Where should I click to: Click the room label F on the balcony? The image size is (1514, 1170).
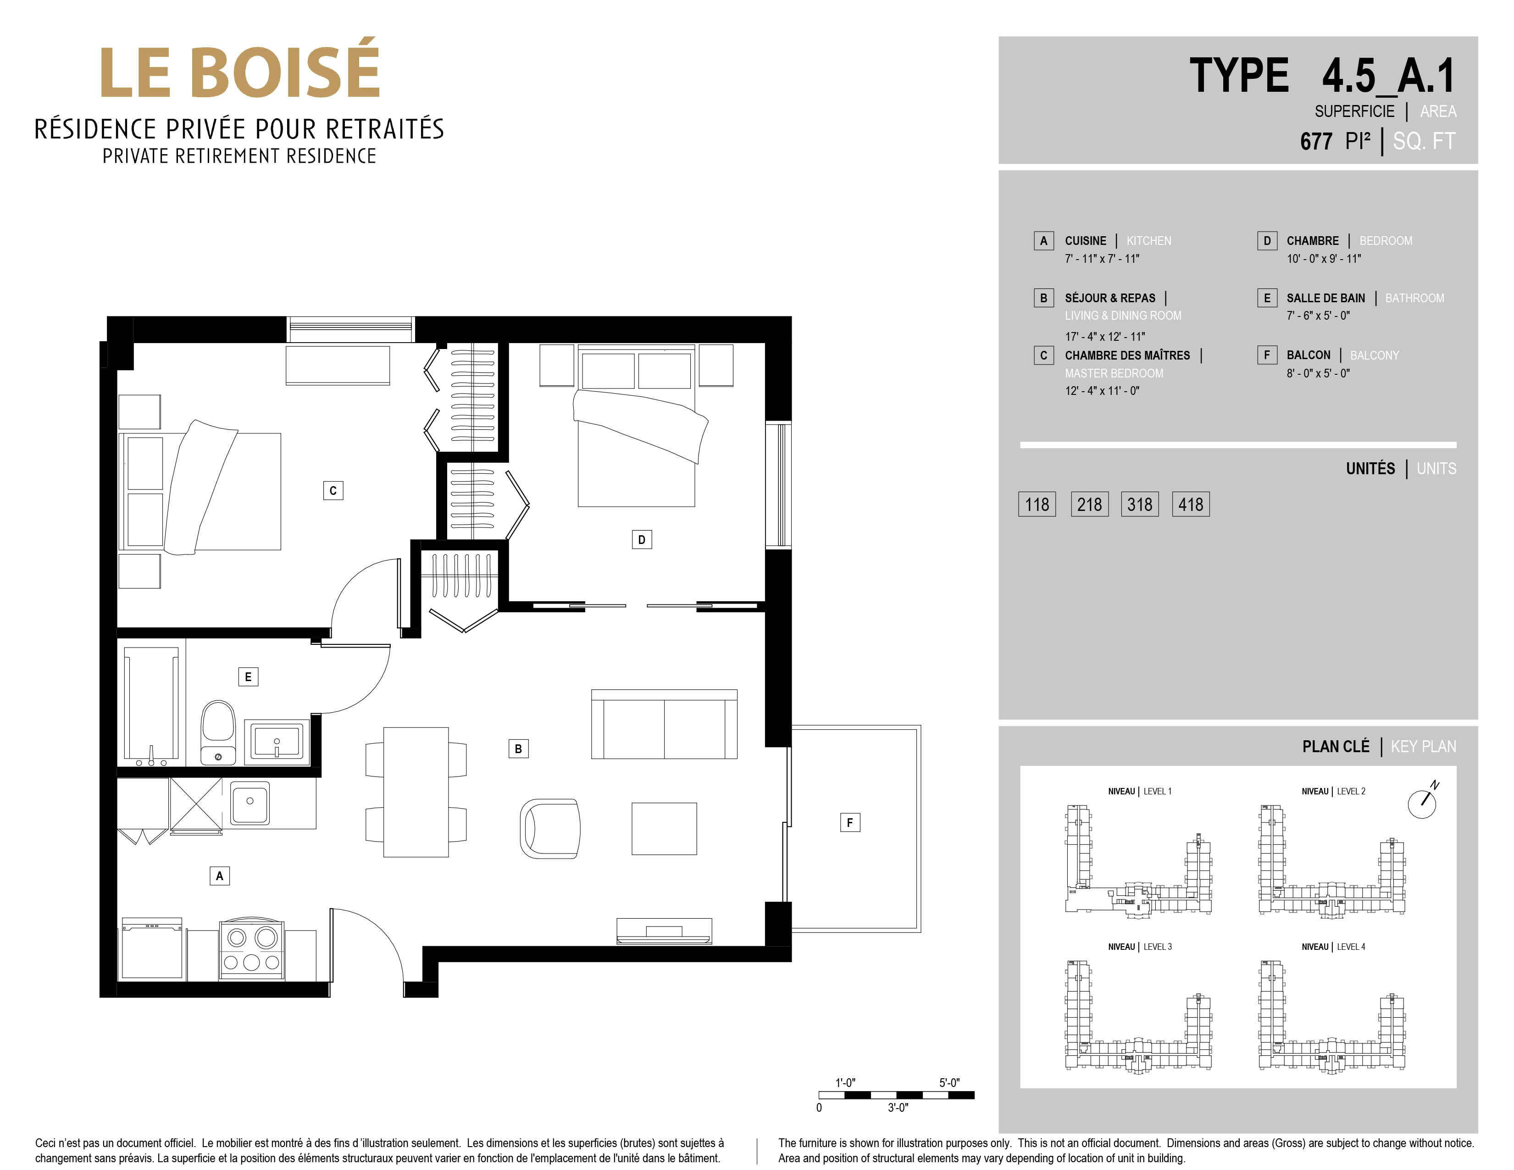tap(850, 823)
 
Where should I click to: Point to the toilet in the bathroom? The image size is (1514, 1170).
tap(218, 732)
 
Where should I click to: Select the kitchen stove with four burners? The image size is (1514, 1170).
tap(252, 949)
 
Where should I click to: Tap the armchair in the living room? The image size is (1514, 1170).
tap(550, 828)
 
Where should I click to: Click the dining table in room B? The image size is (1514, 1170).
tap(416, 792)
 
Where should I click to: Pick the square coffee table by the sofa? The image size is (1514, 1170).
tap(664, 829)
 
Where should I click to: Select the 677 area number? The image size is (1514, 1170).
tap(1316, 141)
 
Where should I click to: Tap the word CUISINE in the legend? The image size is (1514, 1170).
tap(1086, 240)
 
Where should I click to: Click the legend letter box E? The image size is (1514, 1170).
tap(1267, 298)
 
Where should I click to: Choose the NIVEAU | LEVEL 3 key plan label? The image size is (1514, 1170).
tap(1140, 947)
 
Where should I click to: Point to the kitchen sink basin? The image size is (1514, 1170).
tap(250, 802)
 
